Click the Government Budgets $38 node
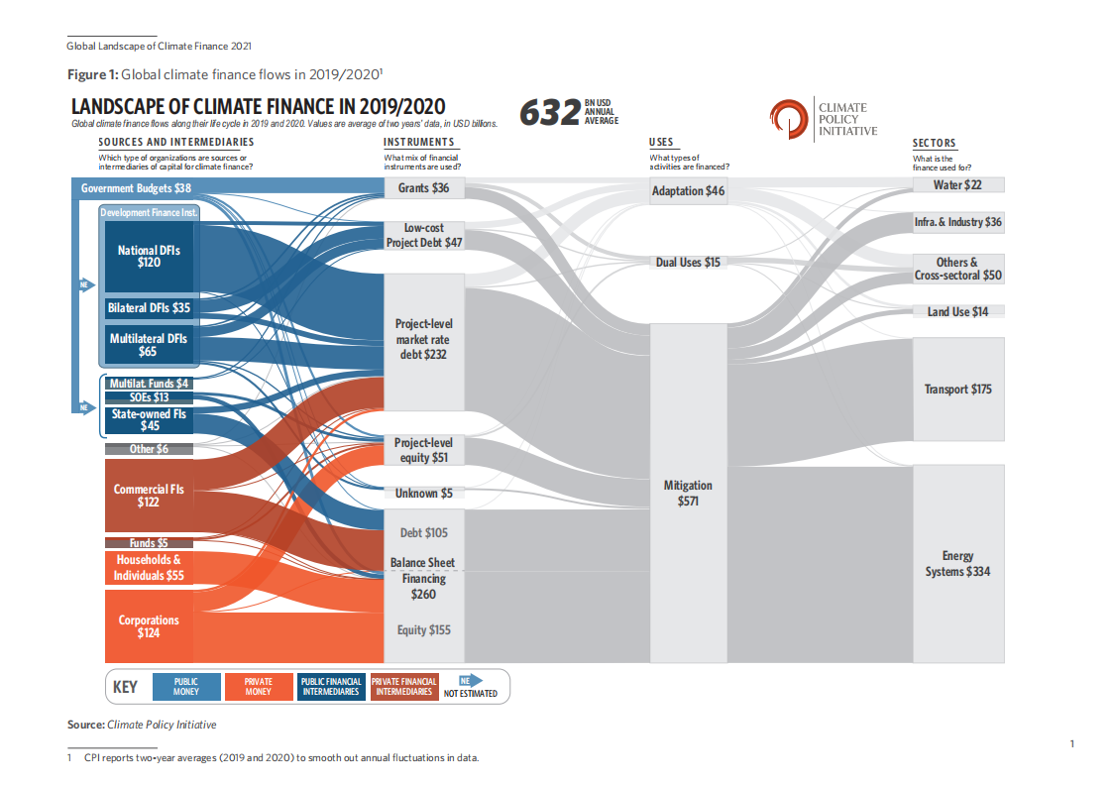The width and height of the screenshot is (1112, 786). [136, 188]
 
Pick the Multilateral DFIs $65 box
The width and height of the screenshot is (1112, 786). [148, 345]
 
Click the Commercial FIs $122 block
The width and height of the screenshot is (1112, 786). [149, 496]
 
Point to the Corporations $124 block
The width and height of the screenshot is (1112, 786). [149, 626]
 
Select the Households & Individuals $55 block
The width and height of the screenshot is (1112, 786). [148, 568]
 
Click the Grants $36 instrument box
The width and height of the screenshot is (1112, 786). [423, 188]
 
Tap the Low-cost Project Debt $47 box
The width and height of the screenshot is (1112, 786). [423, 235]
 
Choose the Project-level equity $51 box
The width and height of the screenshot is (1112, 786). [423, 450]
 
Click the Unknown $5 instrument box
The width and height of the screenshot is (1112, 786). [423, 494]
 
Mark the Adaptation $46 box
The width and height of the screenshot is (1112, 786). [688, 191]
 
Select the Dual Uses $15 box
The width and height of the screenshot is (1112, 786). [688, 263]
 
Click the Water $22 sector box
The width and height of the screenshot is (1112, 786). [957, 185]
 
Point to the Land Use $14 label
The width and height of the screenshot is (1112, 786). [957, 312]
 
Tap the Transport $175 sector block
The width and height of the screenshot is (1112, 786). [957, 390]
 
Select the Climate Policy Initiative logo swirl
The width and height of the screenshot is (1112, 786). [789, 118]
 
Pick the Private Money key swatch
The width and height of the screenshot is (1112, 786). [257, 687]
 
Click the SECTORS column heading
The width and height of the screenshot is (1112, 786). [934, 143]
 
